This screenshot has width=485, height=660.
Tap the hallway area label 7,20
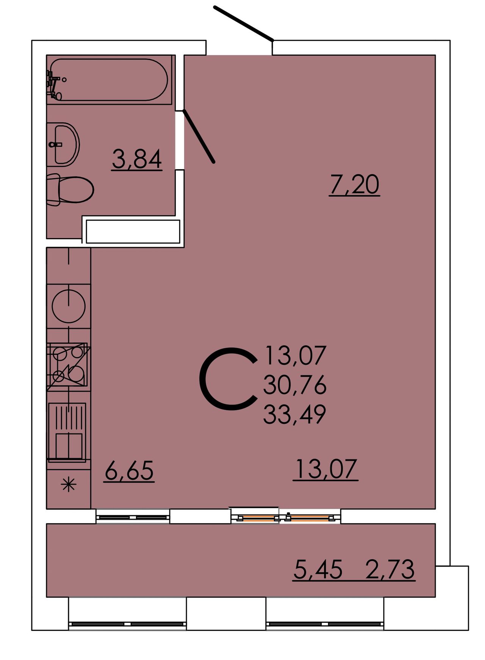(x=354, y=185)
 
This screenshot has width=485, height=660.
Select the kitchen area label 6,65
(x=129, y=470)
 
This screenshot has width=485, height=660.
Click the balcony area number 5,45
(x=318, y=569)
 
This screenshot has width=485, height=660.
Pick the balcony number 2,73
(x=390, y=569)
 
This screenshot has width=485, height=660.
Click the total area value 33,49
(x=295, y=414)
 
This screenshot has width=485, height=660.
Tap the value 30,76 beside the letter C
(x=295, y=385)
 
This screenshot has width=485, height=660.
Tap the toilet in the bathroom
(x=70, y=190)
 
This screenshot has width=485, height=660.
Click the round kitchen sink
(x=69, y=306)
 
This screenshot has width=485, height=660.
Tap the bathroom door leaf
(x=199, y=136)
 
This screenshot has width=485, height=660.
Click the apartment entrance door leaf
(x=244, y=23)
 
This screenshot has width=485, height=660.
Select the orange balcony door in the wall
(x=286, y=517)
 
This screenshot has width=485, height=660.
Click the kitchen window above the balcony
(x=133, y=517)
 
